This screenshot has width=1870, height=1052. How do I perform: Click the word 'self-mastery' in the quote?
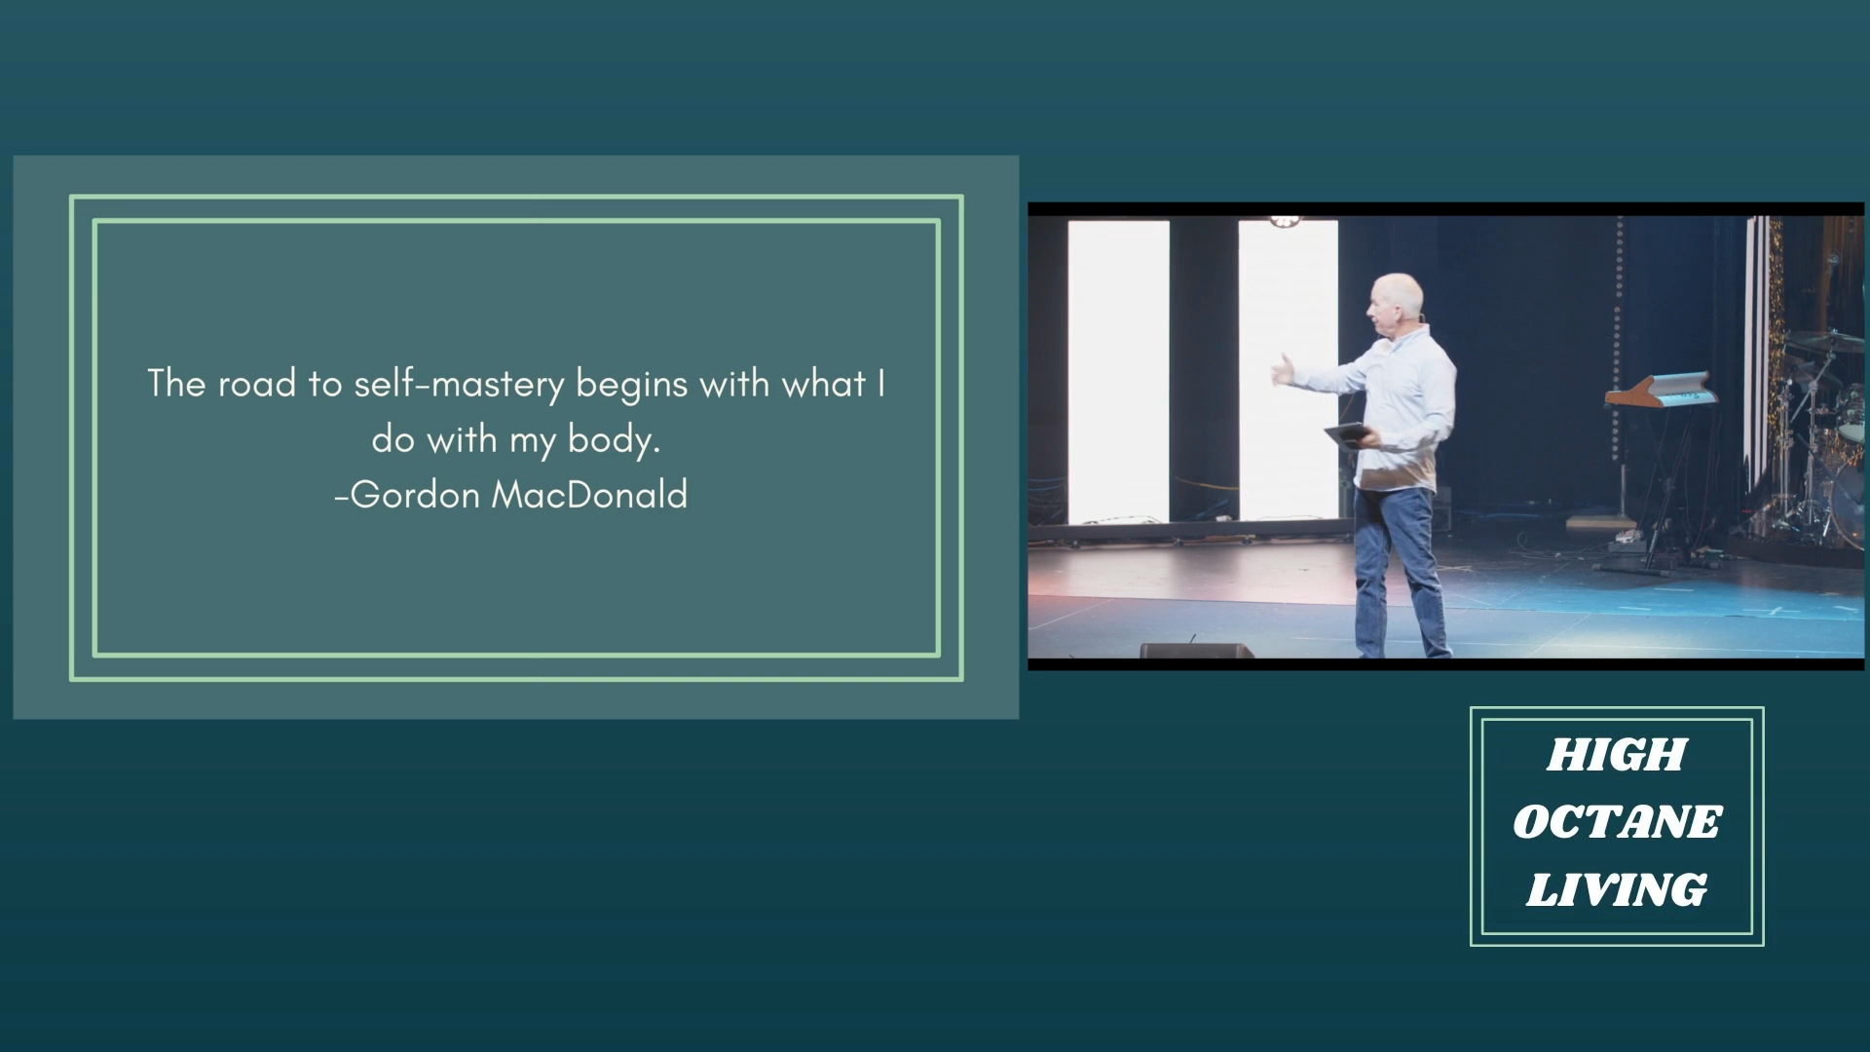459,385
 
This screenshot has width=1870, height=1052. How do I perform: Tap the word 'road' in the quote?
256,384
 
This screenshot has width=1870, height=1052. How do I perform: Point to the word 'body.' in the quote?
615,440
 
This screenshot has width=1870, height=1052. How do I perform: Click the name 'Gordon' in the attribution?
415,495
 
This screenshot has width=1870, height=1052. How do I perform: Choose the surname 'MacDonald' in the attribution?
590,495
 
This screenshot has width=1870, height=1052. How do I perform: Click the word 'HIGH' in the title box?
1617,755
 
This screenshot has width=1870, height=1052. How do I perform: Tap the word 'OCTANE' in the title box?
1617,822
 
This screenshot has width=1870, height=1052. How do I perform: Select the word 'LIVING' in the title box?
1617,889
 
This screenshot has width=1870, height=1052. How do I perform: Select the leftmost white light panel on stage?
1118,371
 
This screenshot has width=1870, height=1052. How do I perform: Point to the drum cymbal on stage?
1827,340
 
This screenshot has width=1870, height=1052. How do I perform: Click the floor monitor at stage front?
1196,651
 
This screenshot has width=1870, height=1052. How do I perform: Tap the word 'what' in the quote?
824,384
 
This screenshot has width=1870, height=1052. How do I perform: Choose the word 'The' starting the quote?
176,384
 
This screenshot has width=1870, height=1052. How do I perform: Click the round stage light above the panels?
1285,221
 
